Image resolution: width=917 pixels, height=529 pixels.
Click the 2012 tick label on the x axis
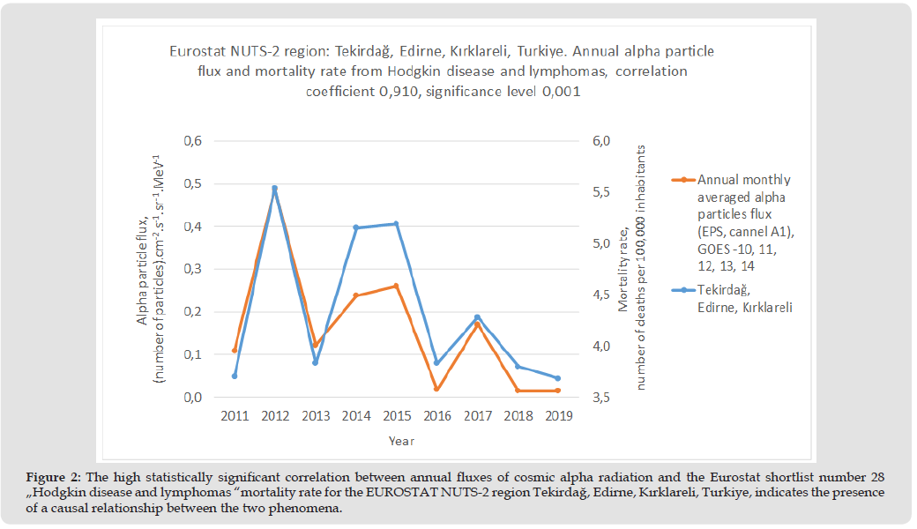[274, 415]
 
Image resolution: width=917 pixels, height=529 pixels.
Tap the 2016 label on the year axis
[436, 415]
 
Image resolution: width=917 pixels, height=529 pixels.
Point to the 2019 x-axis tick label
[557, 415]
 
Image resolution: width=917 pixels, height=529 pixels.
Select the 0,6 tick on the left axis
[193, 141]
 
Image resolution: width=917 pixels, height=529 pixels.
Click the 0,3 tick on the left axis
[193, 269]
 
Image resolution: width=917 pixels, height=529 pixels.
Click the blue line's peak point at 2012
[274, 188]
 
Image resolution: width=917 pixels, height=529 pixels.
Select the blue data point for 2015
[396, 224]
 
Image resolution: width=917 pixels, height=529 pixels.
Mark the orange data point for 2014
[355, 295]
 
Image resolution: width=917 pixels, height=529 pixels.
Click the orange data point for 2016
[436, 389]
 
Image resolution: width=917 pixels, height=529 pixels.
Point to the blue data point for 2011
[235, 376]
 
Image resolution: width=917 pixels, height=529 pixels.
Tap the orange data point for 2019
[557, 391]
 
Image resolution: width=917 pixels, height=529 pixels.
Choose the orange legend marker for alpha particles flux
[683, 179]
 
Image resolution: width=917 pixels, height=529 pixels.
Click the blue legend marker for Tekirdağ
[683, 288]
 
